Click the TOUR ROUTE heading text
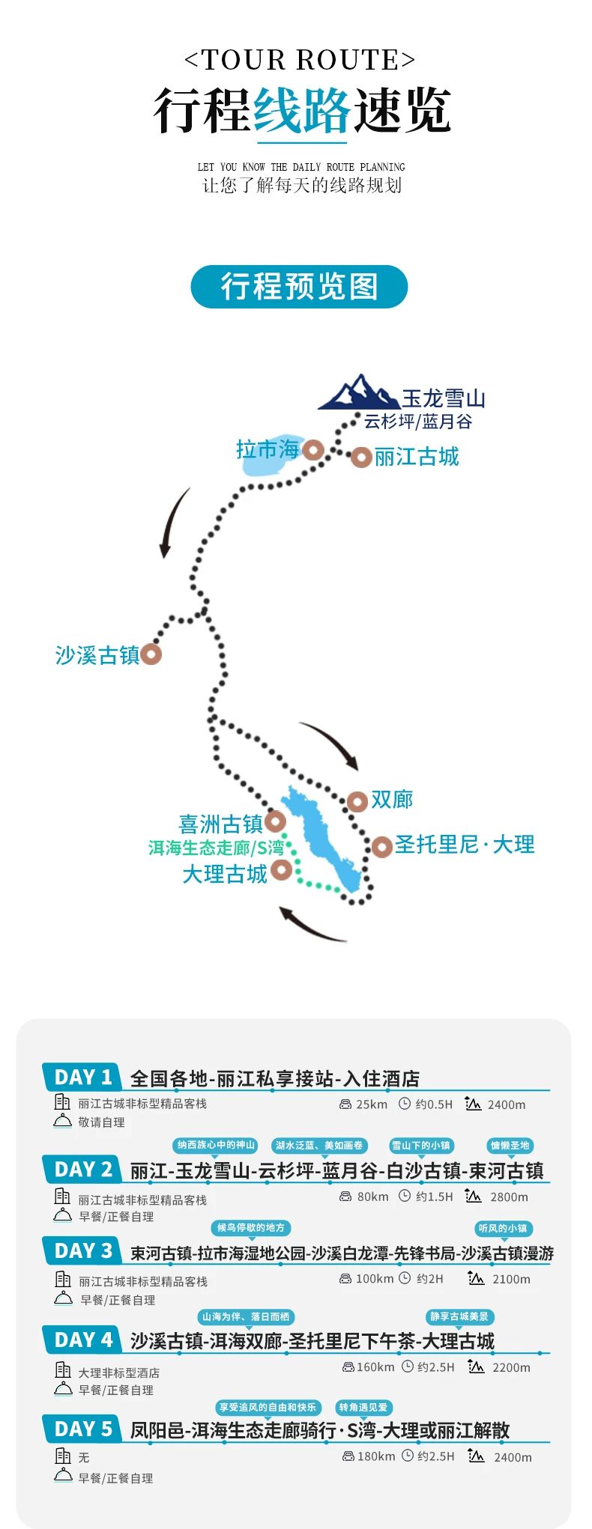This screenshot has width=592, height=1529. [299, 60]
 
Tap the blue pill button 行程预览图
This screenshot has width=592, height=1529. [299, 287]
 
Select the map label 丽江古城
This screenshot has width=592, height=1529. [416, 457]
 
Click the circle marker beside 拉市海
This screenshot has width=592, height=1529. [313, 450]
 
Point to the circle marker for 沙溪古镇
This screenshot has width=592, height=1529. [151, 654]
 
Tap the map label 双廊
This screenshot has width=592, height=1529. [392, 800]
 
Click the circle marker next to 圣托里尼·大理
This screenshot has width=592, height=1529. [381, 847]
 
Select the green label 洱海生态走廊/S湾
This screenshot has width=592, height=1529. [216, 848]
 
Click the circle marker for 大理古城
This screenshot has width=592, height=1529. [282, 869]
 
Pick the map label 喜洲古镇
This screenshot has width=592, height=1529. [220, 824]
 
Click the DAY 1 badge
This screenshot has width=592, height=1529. [82, 1077]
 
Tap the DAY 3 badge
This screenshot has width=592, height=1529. [82, 1250]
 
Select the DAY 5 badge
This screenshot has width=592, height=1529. [82, 1429]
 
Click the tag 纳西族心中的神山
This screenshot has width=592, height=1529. [216, 1145]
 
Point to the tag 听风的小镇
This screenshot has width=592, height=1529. [503, 1228]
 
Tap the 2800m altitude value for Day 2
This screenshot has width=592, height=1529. [509, 1197]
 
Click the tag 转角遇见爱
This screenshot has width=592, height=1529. [363, 1407]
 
